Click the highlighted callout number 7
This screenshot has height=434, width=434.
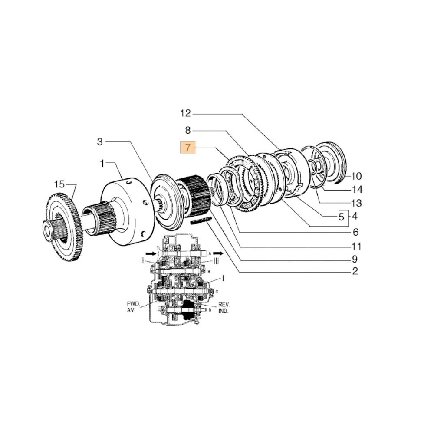click(187, 148)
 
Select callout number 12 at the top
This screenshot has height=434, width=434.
click(185, 114)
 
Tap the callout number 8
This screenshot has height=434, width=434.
click(187, 130)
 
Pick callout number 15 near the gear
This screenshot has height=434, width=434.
click(59, 184)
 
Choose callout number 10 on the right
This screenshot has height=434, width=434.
click(356, 176)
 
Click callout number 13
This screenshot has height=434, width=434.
click(356, 203)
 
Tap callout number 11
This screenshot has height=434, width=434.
click(356, 247)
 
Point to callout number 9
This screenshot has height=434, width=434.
click(355, 259)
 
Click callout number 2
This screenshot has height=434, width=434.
click(355, 272)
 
